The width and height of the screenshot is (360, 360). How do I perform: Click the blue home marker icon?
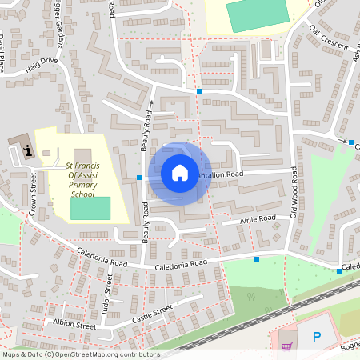click(180, 173)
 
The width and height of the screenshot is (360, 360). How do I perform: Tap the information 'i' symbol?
click(29, 150)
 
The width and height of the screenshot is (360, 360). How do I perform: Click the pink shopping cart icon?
click(286, 346)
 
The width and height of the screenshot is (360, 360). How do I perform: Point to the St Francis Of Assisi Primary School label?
click(82, 180)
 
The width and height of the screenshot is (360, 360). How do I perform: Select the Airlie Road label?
click(257, 218)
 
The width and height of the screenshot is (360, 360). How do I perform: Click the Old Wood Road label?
click(294, 192)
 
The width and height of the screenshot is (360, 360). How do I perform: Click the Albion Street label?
click(75, 326)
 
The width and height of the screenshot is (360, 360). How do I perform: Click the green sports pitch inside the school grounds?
click(90, 208)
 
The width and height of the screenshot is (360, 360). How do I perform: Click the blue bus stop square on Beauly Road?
click(139, 177)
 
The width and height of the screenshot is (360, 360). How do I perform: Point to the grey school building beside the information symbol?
click(82, 158)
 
